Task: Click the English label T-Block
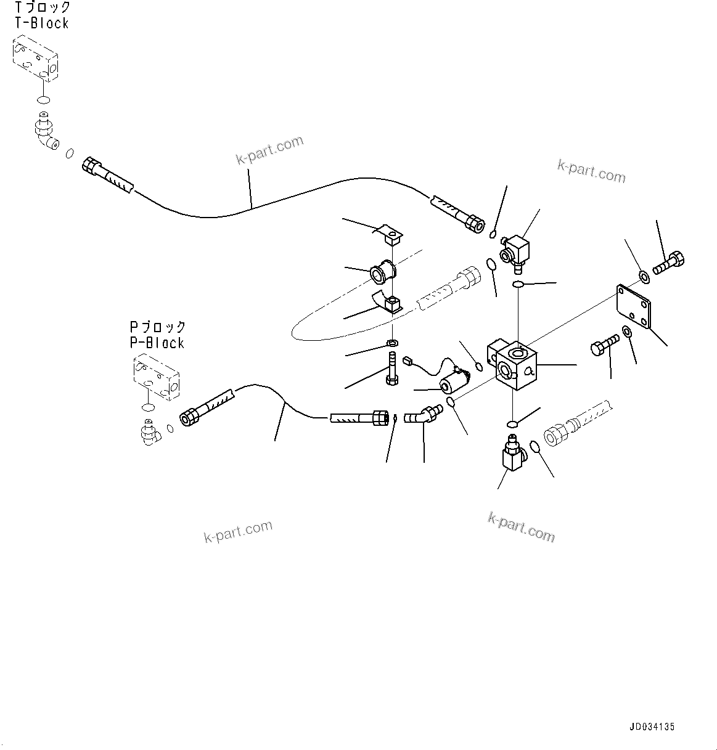(41, 23)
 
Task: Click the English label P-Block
(157, 343)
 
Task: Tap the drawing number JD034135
(652, 727)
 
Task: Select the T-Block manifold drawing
(35, 59)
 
